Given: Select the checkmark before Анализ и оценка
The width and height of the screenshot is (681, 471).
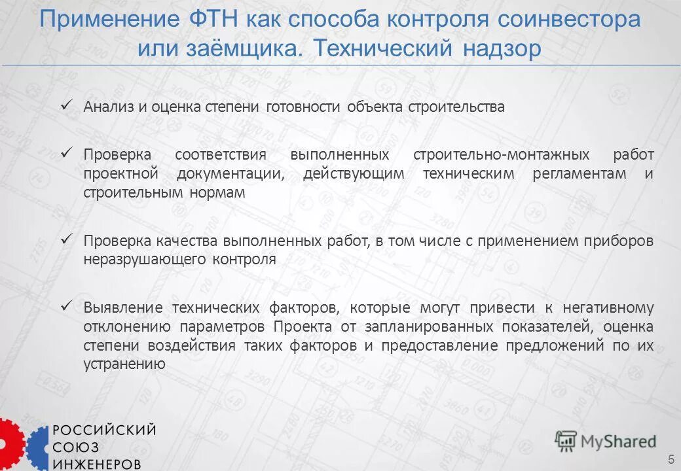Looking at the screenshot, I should point(66,104).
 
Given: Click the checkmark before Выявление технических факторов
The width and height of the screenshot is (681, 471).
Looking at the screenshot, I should point(66,305).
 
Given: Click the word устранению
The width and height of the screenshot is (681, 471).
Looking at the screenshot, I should point(124,364).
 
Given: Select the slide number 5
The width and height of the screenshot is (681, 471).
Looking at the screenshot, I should point(671,457).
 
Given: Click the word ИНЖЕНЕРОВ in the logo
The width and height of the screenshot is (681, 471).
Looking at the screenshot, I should point(96,463).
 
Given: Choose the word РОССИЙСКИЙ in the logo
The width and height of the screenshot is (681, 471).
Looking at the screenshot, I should point(104,430).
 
